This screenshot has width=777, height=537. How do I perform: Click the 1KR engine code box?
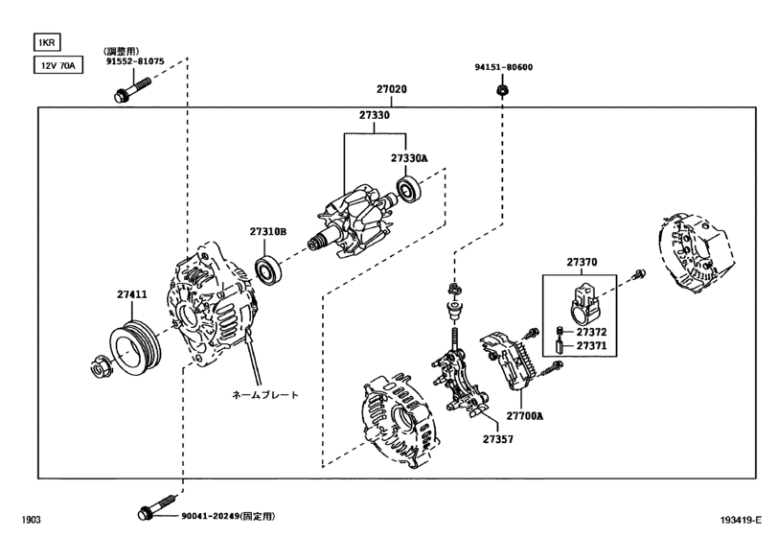47,42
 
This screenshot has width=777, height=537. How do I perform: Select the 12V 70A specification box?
58,65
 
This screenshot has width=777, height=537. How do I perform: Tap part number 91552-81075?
135,61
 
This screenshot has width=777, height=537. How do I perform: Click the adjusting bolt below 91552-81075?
132,89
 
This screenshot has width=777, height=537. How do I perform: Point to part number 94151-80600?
503,67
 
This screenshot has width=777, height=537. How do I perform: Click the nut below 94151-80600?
502,90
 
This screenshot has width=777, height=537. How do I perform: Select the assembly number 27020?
392,89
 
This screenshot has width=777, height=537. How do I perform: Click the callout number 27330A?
409,158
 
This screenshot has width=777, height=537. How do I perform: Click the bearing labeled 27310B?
268,271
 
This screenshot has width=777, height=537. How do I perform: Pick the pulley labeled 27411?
135,348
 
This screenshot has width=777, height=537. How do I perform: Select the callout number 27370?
582,262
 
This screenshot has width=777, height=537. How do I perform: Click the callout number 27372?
591,332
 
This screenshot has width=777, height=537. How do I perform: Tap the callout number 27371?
591,345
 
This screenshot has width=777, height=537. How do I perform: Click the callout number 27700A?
524,415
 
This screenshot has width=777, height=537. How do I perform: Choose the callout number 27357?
498,439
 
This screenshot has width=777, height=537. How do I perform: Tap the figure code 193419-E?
741,520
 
